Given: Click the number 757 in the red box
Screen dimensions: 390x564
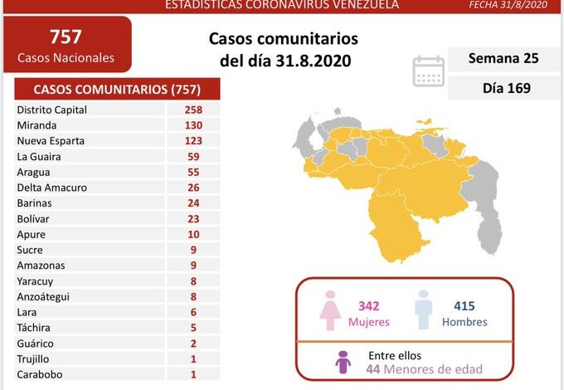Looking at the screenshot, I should (66, 36).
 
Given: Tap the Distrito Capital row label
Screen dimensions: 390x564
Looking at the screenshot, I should (51, 110).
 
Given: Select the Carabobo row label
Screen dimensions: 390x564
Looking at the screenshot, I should (39, 374).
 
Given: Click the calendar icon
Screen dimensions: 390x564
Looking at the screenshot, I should (429, 71).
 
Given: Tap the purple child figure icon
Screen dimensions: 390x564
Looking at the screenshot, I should (343, 363).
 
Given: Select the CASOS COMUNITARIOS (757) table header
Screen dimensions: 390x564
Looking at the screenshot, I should (115, 89).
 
